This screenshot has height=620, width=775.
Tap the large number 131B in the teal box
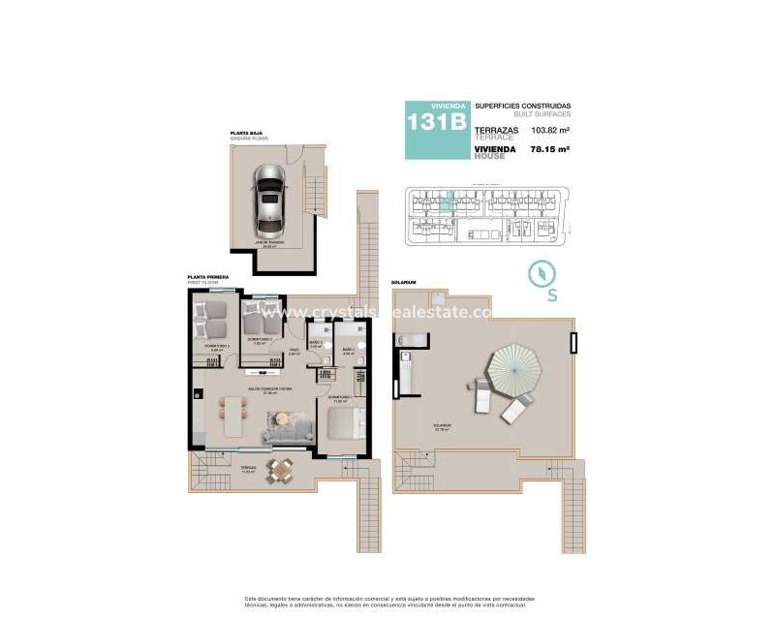(x=436, y=122)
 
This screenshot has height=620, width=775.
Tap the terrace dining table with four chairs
(x=281, y=471)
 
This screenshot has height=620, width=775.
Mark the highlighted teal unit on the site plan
(x=446, y=202)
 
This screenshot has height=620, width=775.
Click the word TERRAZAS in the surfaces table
(x=497, y=129)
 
